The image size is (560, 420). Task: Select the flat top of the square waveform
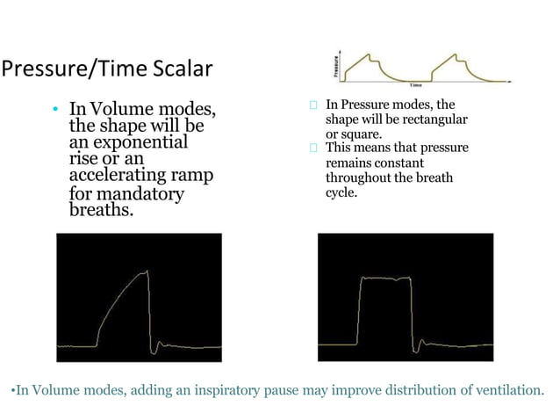384,279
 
